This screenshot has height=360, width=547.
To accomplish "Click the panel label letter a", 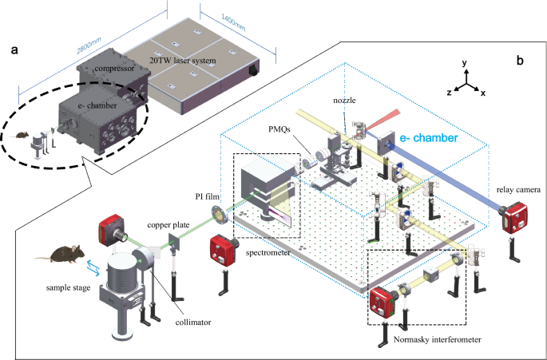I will point(14,50).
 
